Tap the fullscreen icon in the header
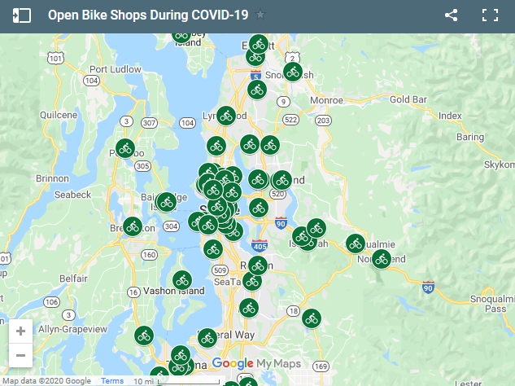(x=490, y=15)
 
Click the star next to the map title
(x=260, y=15)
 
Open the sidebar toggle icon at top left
(x=22, y=15)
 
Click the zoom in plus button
(x=20, y=331)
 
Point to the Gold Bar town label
(x=408, y=99)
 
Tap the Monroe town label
(x=326, y=100)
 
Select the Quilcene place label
(x=58, y=116)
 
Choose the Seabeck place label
(x=72, y=195)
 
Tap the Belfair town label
(x=73, y=278)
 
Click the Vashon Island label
(x=173, y=291)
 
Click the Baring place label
(x=469, y=138)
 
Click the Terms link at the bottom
(x=111, y=381)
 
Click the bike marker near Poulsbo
(x=124, y=148)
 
